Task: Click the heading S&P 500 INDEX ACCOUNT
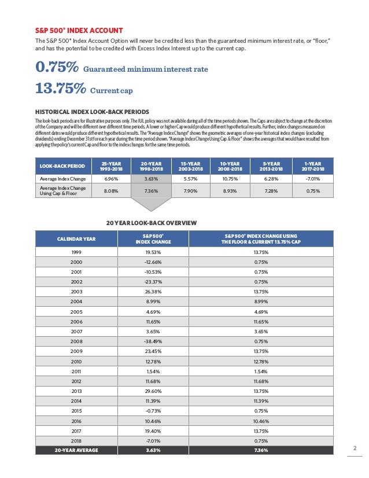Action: tap(79, 30)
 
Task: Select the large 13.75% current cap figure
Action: tap(61, 89)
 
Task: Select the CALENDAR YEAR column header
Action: tap(76, 238)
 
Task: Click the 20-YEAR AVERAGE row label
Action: tap(76, 450)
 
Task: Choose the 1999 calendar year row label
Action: tap(76, 252)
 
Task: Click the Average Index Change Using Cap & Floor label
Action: tap(62, 191)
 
